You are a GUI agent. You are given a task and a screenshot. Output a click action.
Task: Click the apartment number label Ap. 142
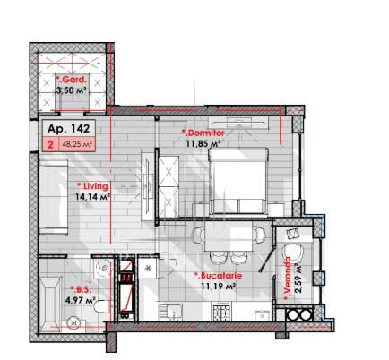click(68, 129)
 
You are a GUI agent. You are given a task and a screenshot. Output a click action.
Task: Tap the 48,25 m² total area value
click(77, 145)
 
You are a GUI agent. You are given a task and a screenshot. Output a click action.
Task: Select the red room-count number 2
click(51, 145)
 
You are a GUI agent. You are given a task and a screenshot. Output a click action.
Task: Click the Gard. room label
click(72, 80)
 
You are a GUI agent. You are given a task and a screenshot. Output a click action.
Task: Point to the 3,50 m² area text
click(72, 90)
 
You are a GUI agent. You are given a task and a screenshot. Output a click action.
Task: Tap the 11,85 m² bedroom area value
click(203, 143)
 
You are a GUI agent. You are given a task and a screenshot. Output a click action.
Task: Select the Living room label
click(92, 186)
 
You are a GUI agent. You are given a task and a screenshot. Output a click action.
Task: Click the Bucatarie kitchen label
click(218, 275)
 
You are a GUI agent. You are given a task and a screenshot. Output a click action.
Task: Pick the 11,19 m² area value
click(219, 287)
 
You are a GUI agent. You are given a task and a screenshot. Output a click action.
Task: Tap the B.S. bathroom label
click(79, 289)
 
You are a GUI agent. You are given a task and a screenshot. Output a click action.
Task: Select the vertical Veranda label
click(288, 279)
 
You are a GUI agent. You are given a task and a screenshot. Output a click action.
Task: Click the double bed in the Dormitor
click(238, 181)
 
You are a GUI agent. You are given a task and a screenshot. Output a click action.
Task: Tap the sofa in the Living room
click(54, 196)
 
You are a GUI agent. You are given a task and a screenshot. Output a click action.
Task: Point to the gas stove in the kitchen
click(221, 312)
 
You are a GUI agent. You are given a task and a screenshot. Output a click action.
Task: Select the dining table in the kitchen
click(229, 236)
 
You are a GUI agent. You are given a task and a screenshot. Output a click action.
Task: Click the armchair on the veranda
click(292, 255)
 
